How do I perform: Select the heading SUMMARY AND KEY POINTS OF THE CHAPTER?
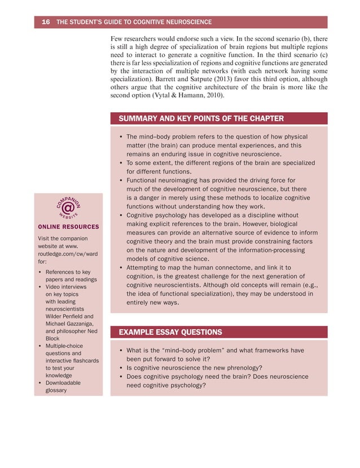point(201,118)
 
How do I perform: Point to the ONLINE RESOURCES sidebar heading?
point(68,227)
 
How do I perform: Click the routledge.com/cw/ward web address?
point(67,254)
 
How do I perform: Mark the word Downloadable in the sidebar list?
point(63,382)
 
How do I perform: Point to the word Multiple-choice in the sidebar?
point(63,346)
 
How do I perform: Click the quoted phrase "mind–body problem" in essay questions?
point(194,350)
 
